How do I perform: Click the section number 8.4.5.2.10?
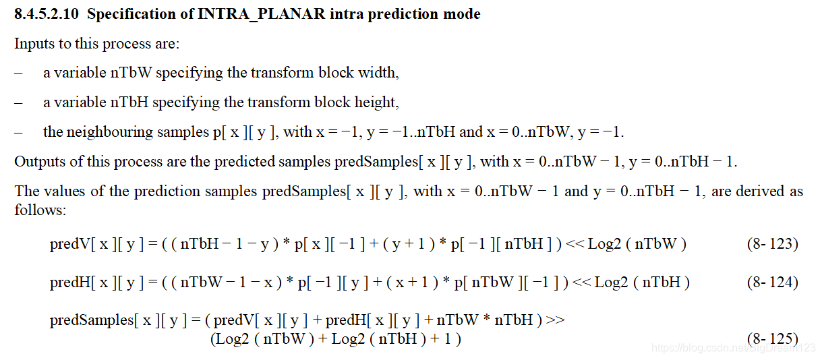point(47,14)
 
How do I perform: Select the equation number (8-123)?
point(772,244)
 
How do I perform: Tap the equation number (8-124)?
point(772,282)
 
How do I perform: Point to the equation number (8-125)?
point(772,338)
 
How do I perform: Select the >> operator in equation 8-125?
point(555,320)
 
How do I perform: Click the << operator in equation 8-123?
point(575,244)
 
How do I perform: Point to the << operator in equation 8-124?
point(581,282)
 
